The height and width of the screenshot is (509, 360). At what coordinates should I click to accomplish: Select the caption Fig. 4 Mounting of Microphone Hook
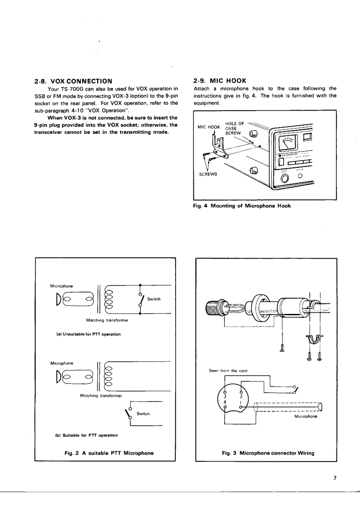click(x=242, y=207)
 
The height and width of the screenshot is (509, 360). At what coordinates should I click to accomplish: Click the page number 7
click(x=334, y=478)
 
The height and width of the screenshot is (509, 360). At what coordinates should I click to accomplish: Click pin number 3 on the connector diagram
click(x=226, y=396)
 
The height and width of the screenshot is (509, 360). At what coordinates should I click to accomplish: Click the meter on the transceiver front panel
click(x=288, y=144)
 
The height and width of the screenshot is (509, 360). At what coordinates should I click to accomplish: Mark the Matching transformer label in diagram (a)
click(x=104, y=320)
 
